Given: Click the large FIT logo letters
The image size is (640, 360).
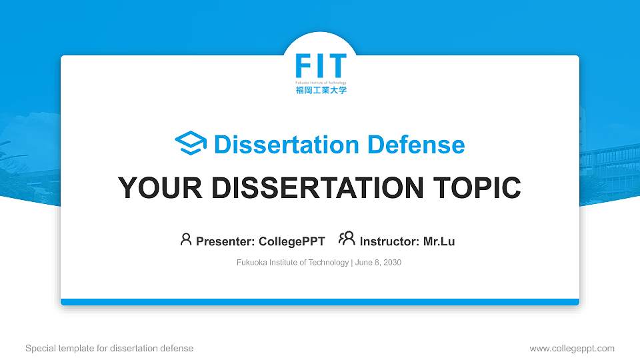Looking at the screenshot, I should [x=321, y=67].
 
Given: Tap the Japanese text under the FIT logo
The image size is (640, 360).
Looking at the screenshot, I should [x=321, y=89].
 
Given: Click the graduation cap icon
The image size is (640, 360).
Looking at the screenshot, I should [x=191, y=144].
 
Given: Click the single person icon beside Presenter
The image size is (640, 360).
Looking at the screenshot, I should [x=186, y=239].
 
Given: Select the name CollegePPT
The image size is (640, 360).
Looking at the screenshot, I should [x=293, y=241].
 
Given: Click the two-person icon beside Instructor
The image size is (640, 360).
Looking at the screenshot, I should [x=347, y=239].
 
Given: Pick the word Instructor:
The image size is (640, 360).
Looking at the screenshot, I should [x=389, y=241].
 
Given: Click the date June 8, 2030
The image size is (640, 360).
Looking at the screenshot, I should [x=378, y=263].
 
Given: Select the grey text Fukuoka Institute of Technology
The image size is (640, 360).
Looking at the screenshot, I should [x=292, y=263].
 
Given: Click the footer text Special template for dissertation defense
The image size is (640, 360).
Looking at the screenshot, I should [x=109, y=348].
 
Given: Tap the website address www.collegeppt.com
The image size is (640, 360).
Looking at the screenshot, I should [x=572, y=348].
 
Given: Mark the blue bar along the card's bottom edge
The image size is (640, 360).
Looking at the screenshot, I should [x=320, y=302].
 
